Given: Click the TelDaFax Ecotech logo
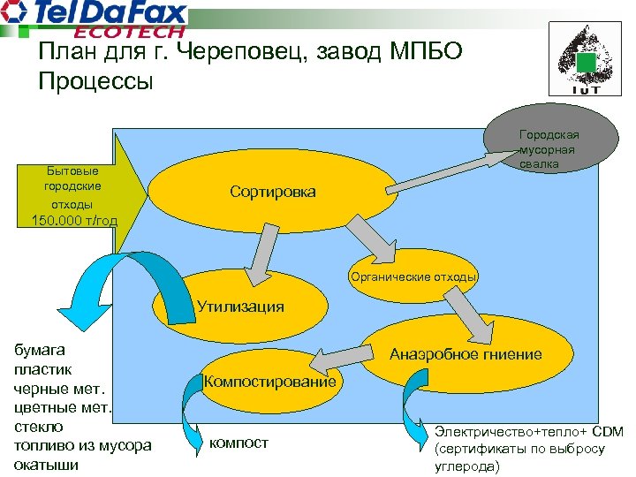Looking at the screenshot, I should click(x=96, y=19).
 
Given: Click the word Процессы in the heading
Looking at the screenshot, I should click(x=96, y=82).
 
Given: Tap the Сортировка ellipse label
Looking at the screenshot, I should click(x=272, y=192).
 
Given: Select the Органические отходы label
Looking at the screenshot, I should click(x=413, y=276).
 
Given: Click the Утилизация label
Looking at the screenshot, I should click(x=240, y=307).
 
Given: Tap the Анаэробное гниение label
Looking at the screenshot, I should click(x=466, y=354).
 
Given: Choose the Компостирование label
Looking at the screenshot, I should click(x=270, y=381).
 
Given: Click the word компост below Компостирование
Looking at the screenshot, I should click(x=238, y=442).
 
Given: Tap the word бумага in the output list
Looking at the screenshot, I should click(x=38, y=351).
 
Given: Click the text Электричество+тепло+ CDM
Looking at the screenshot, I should click(x=528, y=432).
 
